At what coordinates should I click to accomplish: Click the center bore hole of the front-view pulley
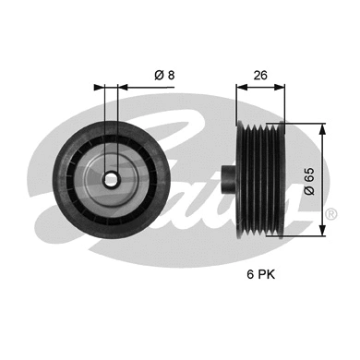[110, 179]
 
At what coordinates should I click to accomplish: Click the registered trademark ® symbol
[330, 214]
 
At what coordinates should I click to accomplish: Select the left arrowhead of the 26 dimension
[240, 89]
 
